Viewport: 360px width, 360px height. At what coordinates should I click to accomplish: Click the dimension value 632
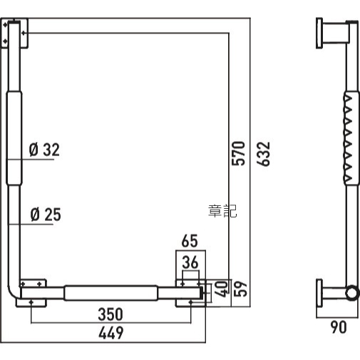(264, 154)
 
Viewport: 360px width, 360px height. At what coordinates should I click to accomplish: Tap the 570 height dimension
(238, 153)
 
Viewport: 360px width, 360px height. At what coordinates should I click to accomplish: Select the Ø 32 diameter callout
(44, 150)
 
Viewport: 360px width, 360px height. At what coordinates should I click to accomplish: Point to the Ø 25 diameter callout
(46, 215)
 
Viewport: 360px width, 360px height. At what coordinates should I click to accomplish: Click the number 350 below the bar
(110, 314)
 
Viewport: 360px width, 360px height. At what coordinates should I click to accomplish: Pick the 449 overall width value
(111, 333)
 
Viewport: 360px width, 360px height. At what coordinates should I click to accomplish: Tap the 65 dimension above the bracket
(190, 241)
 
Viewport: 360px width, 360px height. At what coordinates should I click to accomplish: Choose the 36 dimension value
(190, 262)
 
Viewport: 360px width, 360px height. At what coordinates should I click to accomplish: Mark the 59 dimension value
(240, 289)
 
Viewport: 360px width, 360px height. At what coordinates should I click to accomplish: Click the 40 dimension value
(221, 289)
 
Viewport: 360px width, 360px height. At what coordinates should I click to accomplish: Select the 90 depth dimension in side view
(339, 327)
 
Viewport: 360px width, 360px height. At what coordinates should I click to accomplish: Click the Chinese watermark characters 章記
(222, 211)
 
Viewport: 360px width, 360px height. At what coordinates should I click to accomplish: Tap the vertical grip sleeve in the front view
(14, 138)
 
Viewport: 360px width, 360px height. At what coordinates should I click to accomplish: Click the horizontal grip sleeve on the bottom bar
(110, 293)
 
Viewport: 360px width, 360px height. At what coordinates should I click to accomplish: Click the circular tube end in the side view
(351, 293)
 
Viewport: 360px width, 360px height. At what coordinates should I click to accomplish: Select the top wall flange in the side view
(319, 34)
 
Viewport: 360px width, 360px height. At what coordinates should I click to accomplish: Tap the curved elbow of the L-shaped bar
(12, 293)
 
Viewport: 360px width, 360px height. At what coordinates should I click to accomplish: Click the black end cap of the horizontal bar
(202, 293)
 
